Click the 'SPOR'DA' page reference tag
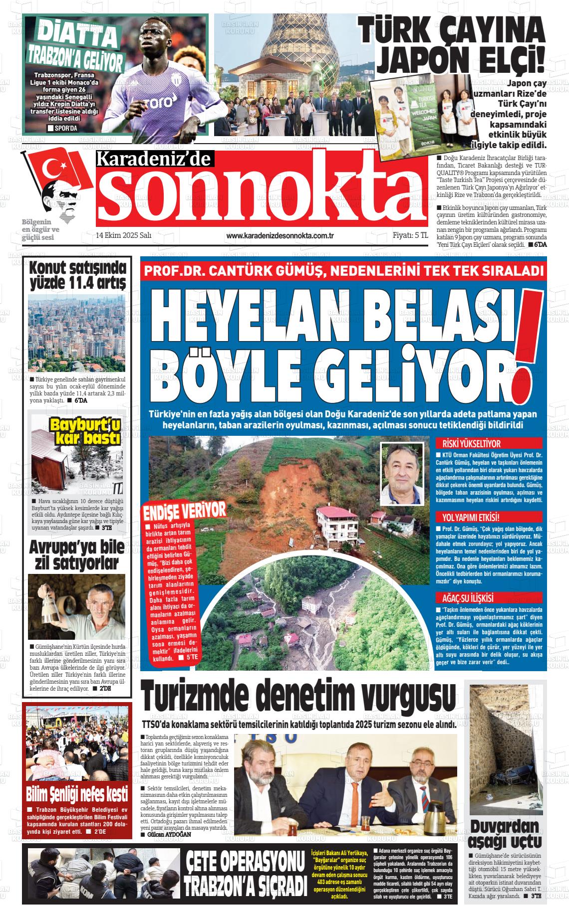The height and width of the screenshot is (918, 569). point(62,129)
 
